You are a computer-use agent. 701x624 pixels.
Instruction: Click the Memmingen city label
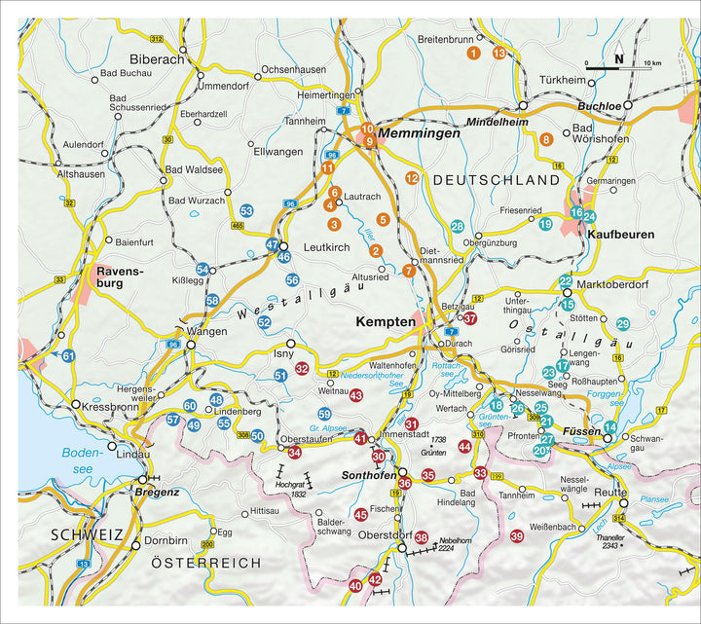420,133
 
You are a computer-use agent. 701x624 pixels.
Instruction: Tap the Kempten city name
386,320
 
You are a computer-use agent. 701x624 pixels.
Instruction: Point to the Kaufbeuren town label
620,236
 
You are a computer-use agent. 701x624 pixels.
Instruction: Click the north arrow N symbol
618,55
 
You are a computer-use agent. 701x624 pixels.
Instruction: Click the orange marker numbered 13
499,53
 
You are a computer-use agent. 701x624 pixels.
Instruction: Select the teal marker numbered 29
623,323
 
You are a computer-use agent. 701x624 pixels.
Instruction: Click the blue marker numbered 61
68,356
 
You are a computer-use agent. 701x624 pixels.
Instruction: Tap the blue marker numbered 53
246,211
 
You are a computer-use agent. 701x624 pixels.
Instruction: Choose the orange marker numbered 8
546,140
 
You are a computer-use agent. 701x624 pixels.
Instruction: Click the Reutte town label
610,494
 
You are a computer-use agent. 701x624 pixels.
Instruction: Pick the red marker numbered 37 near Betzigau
470,317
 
